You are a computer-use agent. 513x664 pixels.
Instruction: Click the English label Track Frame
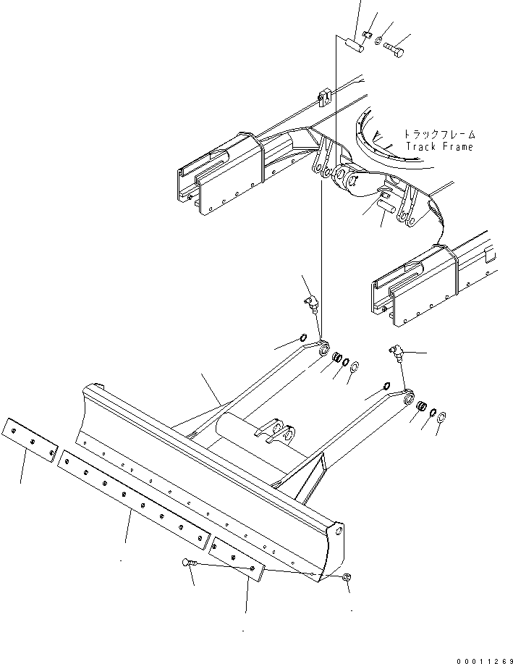tap(439, 147)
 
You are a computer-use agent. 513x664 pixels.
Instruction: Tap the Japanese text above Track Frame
tap(439, 134)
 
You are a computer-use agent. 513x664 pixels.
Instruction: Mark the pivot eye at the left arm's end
tap(322, 348)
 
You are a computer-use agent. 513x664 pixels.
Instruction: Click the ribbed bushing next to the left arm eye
tap(336, 358)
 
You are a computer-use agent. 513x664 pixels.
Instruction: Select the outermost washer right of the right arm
tap(443, 418)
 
